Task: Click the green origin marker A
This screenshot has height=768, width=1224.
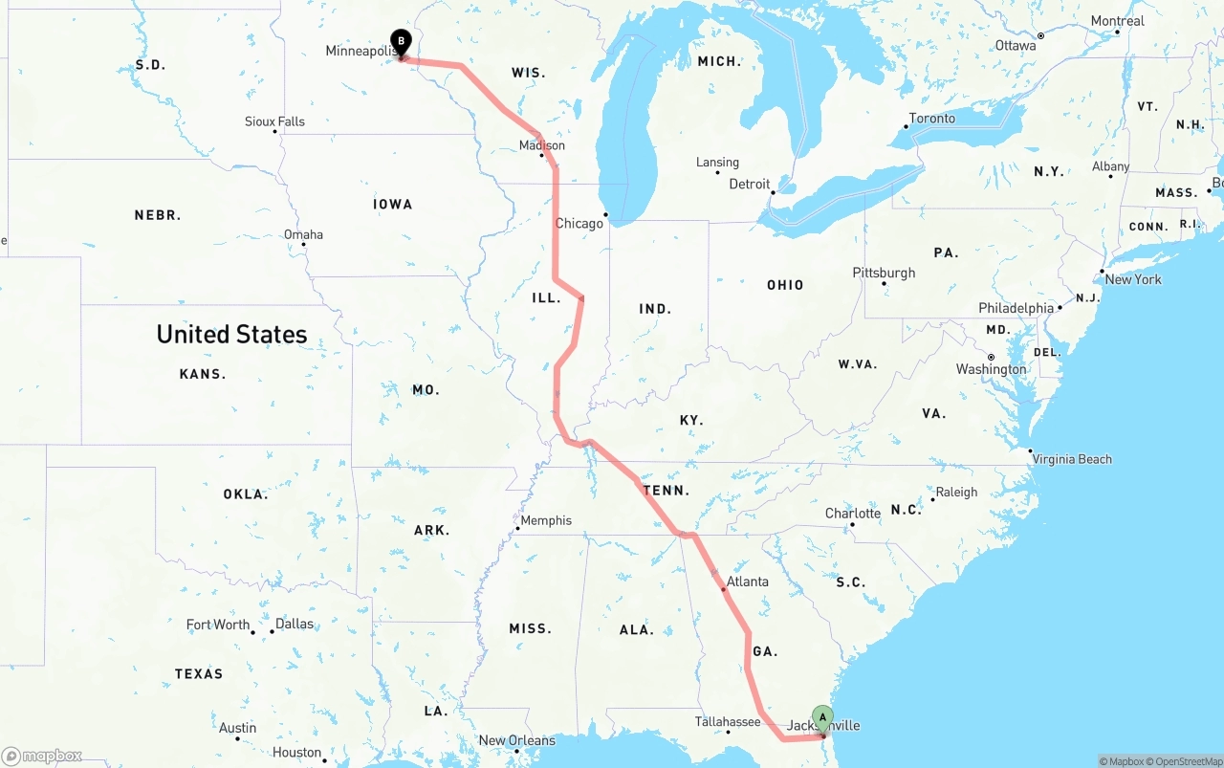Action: click(822, 718)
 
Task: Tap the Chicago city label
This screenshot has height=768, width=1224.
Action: click(579, 224)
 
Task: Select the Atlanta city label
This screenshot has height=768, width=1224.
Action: click(747, 581)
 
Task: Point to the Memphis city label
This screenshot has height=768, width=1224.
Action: click(546, 521)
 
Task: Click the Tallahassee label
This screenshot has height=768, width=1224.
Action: click(728, 722)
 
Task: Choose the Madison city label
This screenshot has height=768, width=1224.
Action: click(542, 145)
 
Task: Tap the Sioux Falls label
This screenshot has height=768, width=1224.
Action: click(274, 121)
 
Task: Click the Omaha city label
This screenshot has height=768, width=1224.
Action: click(303, 234)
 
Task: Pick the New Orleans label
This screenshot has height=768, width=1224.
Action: click(516, 740)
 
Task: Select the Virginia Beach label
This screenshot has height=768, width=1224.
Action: click(1072, 459)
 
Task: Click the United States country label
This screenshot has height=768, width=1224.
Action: click(231, 334)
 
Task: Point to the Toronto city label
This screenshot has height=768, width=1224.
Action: click(931, 119)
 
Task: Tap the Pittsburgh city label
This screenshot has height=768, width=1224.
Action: click(884, 273)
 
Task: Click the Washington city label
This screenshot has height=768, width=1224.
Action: click(991, 369)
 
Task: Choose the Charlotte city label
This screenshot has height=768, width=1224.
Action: click(853, 514)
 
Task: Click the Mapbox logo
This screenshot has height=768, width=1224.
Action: click(42, 757)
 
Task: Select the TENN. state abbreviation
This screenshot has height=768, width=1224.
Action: click(667, 491)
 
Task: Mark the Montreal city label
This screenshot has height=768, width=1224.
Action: click(1117, 21)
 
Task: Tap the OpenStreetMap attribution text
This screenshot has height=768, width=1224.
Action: click(1185, 761)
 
